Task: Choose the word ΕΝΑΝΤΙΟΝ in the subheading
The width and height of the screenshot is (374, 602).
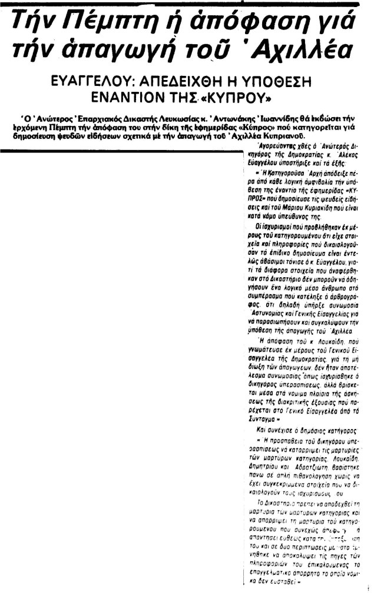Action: point(123,95)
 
